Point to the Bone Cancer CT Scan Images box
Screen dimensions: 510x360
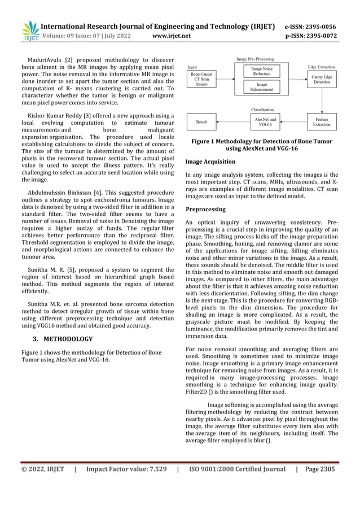pos(201,79)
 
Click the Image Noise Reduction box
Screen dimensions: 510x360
pos(261,71)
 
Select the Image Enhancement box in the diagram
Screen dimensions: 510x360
pos(261,86)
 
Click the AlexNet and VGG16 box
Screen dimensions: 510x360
pos(265,121)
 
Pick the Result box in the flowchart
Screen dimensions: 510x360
pos(201,121)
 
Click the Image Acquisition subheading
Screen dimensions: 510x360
pos(210,162)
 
